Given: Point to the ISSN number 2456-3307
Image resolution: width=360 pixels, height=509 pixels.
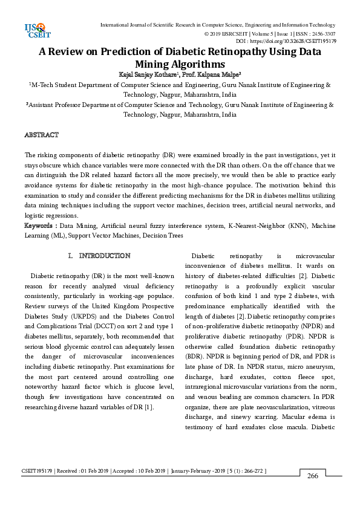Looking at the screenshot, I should pos(322,34).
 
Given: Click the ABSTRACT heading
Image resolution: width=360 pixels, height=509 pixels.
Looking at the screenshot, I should pos(41,134).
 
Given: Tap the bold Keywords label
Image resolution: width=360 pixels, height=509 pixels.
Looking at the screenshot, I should pos(39,225).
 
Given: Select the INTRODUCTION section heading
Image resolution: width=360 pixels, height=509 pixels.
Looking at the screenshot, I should pos(104,256).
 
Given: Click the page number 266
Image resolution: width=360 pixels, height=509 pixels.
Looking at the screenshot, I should pos(312,476).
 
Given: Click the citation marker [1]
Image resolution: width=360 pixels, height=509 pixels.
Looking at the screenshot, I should pos(148,407).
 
